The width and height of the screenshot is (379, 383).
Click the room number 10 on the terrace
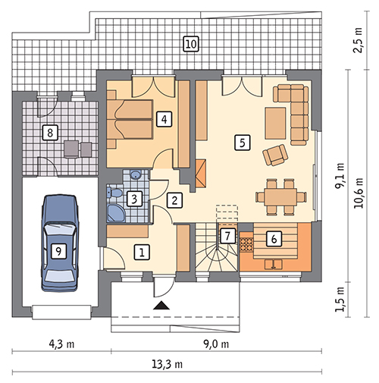click(x=191, y=44)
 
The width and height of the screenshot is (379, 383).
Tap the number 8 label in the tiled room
click(x=50, y=132)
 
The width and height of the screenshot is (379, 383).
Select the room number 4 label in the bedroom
click(x=164, y=119)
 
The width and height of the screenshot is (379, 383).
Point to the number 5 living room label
click(x=243, y=143)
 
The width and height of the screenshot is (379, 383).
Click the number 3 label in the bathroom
click(x=134, y=199)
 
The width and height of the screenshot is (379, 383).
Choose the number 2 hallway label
click(x=174, y=200)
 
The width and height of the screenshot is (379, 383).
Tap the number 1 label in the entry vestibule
click(x=142, y=252)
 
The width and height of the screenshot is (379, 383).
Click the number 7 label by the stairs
click(x=227, y=236)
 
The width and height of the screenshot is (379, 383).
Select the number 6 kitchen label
click(x=274, y=239)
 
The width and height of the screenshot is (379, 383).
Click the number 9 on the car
click(x=58, y=251)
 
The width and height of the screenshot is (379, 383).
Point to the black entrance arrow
click(x=161, y=306)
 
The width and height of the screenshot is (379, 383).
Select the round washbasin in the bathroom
click(x=136, y=174)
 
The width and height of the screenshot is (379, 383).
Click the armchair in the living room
click(x=275, y=155)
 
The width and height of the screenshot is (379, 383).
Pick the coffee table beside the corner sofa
click(x=275, y=123)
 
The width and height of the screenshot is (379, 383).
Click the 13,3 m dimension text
click(x=167, y=364)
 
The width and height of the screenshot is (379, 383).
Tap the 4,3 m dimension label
click(x=62, y=344)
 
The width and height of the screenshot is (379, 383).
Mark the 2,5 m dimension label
click(x=358, y=39)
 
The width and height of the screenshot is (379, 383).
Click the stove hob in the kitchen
click(x=246, y=242)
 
